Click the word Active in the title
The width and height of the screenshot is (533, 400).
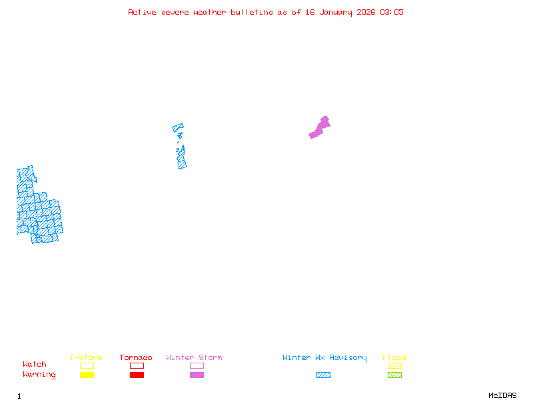[143, 12]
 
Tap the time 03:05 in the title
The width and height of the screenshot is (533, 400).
[392, 12]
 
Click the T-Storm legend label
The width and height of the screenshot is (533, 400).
[86, 358]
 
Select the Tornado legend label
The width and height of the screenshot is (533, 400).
[136, 358]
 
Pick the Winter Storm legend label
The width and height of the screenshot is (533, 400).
[194, 358]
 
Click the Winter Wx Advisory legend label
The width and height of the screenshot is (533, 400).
[324, 358]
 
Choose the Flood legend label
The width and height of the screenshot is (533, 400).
[394, 358]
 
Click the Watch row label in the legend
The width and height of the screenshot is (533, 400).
[35, 365]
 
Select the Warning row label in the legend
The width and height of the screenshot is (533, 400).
[39, 375]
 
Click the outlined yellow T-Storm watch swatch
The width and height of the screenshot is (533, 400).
[87, 365]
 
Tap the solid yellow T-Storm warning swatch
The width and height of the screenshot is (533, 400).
[87, 375]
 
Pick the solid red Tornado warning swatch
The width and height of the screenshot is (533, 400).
[137, 375]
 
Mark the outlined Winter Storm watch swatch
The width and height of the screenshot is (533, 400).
[197, 365]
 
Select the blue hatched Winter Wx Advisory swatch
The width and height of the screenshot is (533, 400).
[323, 375]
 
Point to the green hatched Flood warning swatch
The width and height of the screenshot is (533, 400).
[394, 375]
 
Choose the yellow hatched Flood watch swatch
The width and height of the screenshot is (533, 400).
[394, 365]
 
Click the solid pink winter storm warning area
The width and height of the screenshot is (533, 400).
[319, 129]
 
